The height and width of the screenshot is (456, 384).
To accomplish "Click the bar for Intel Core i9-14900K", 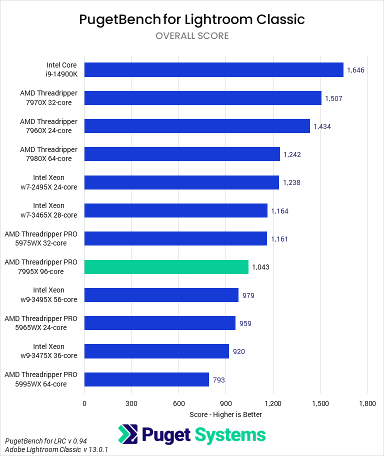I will [x=213, y=69].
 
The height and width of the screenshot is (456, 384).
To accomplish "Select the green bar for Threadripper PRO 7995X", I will [x=166, y=266].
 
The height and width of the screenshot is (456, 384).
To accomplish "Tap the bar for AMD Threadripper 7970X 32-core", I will [x=202, y=98].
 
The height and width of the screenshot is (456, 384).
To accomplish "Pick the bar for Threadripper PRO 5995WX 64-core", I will [x=146, y=379].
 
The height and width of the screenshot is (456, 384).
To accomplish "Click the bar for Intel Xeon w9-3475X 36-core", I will [x=156, y=351].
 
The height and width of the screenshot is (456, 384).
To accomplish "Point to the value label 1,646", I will [x=356, y=70].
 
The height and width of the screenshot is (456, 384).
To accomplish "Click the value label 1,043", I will [x=260, y=267].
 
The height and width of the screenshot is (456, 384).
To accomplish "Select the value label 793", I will [x=218, y=380].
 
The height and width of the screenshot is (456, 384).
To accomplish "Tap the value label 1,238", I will [x=292, y=182].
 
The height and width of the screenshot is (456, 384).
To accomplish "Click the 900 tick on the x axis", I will [x=226, y=403].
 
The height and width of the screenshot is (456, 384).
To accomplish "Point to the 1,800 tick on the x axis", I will [x=367, y=403].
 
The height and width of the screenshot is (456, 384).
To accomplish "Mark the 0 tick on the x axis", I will [x=84, y=403].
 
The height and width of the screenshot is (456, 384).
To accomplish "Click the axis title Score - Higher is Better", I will [x=226, y=414].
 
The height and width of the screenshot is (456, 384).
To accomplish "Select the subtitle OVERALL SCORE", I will [x=192, y=36].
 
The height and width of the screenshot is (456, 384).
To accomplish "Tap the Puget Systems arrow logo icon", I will [x=127, y=434].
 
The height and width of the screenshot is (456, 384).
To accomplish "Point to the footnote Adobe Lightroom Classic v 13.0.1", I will [x=56, y=449].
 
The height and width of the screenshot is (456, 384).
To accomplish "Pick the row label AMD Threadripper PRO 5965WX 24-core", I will [x=41, y=322].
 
